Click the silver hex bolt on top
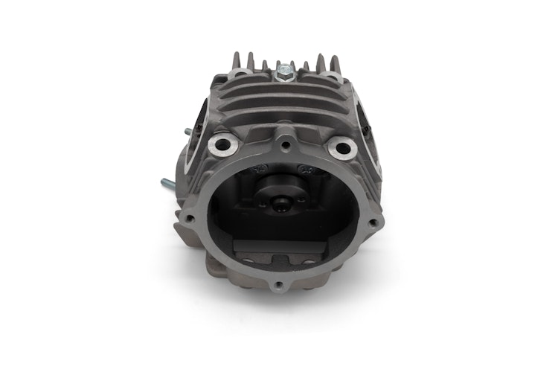tap(283, 74)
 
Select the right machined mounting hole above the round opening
tap(341, 147)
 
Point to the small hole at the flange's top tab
tap(282, 139)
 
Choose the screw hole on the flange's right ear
tap(372, 220)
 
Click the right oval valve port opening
tap(368, 126)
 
